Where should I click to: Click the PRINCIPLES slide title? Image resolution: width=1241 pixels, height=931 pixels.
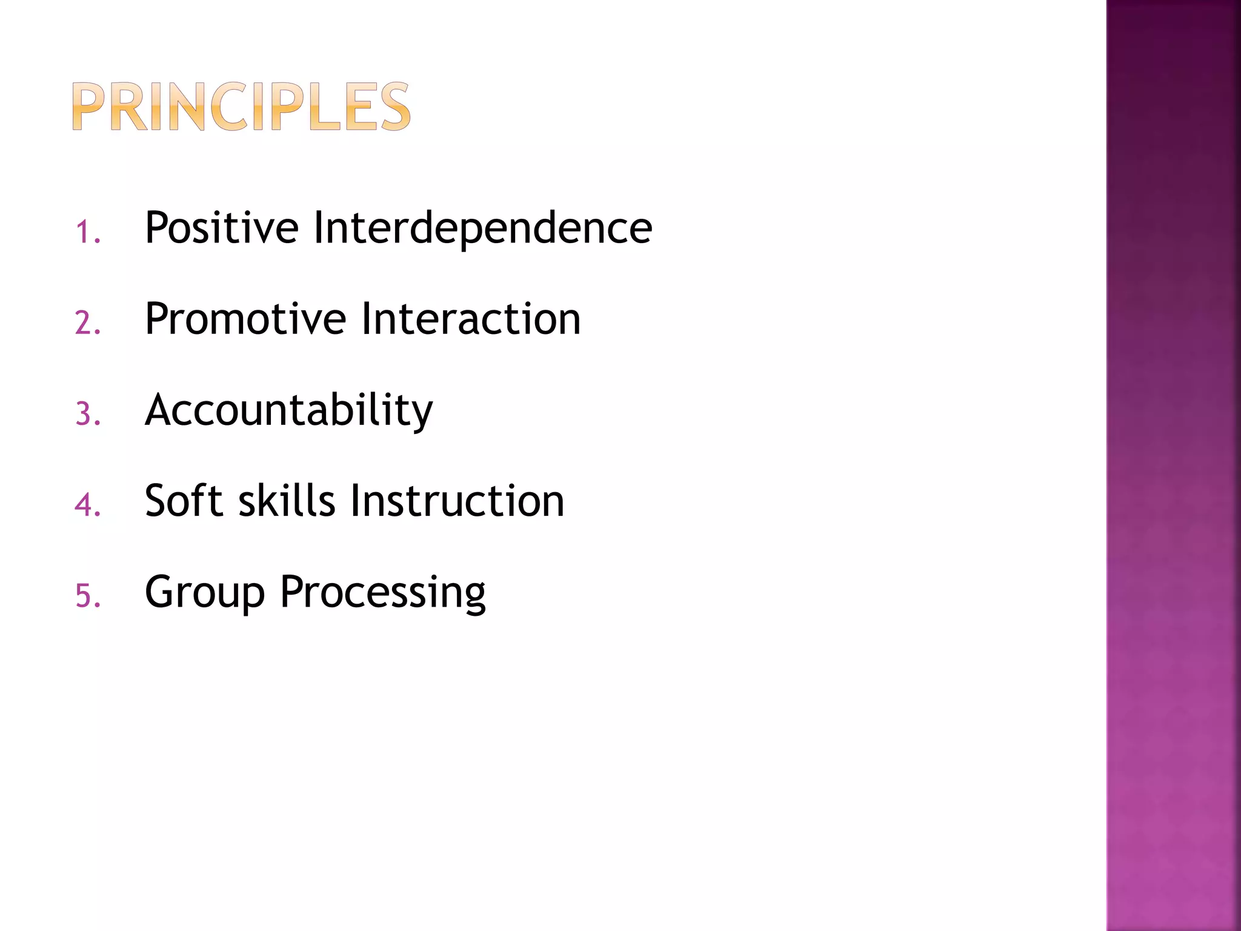(241, 107)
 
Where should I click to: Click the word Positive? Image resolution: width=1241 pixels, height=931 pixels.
(221, 228)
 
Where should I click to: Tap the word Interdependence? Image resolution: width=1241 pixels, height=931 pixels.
(482, 228)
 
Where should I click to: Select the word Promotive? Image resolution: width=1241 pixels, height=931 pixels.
(245, 319)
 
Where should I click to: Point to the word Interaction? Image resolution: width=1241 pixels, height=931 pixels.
(471, 319)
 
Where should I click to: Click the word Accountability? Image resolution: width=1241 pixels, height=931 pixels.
(288, 411)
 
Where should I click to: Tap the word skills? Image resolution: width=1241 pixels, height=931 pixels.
(287, 501)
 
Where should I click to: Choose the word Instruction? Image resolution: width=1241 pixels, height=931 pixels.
(457, 501)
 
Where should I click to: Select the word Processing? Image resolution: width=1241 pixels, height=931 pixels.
(382, 593)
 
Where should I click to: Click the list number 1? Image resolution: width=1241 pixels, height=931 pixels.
(87, 233)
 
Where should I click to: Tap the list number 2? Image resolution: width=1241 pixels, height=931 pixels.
(87, 323)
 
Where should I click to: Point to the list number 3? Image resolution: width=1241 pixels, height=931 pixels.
(87, 415)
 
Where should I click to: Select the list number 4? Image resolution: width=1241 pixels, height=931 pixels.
(87, 505)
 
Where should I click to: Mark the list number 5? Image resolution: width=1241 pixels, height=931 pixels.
(87, 596)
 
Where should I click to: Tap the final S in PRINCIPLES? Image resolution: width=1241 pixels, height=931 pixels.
(394, 107)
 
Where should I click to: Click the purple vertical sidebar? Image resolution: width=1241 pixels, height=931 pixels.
(1173, 465)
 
